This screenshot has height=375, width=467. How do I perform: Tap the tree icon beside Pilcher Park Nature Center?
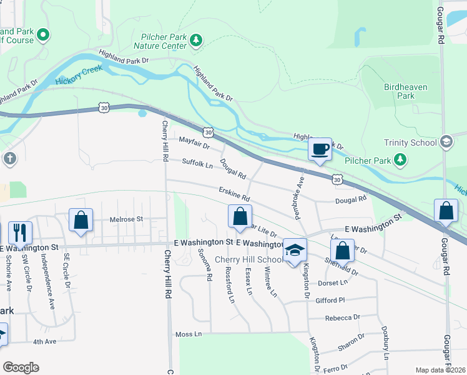tap(197, 41)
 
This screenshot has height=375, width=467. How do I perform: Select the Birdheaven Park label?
tap(406, 91)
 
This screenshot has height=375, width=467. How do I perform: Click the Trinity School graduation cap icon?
tap(446, 142)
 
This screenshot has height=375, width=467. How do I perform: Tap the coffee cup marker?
tap(320, 149)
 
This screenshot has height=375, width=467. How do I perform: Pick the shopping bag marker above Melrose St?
tap(81, 220)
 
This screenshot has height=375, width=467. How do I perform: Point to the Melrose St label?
tap(127, 219)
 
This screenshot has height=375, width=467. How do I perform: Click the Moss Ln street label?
tap(189, 334)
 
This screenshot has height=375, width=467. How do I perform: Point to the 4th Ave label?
tap(45, 342)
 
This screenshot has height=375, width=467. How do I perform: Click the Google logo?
tap(21, 367)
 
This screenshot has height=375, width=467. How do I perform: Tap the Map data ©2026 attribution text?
tap(440, 370)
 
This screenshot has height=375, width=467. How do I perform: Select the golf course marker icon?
tap(43, 35)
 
